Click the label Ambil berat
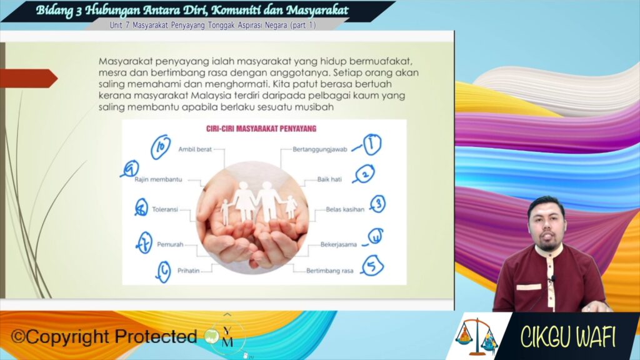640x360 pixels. pyautogui.click(x=195, y=149)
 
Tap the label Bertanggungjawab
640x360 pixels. pyautogui.click(x=319, y=149)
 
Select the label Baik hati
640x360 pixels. pyautogui.click(x=329, y=179)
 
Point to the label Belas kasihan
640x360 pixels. pyautogui.click(x=345, y=209)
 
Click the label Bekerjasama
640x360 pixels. pyautogui.click(x=338, y=244)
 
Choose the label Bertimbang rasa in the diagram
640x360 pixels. pyautogui.click(x=330, y=271)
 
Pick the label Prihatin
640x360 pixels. pyautogui.click(x=188, y=271)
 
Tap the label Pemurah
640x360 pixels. pyautogui.click(x=170, y=244)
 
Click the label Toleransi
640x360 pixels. pyautogui.click(x=165, y=209)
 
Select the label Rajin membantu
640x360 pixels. pyautogui.click(x=158, y=179)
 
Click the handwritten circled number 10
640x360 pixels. pyautogui.click(x=161, y=146)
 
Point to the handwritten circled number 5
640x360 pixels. pyautogui.click(x=372, y=265)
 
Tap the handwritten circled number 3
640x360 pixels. pyautogui.click(x=378, y=204)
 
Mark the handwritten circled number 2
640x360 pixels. pyautogui.click(x=364, y=174)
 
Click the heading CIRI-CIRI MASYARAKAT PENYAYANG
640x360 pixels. pyautogui.click(x=261, y=129)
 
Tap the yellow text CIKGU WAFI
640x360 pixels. pyautogui.click(x=567, y=337)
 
